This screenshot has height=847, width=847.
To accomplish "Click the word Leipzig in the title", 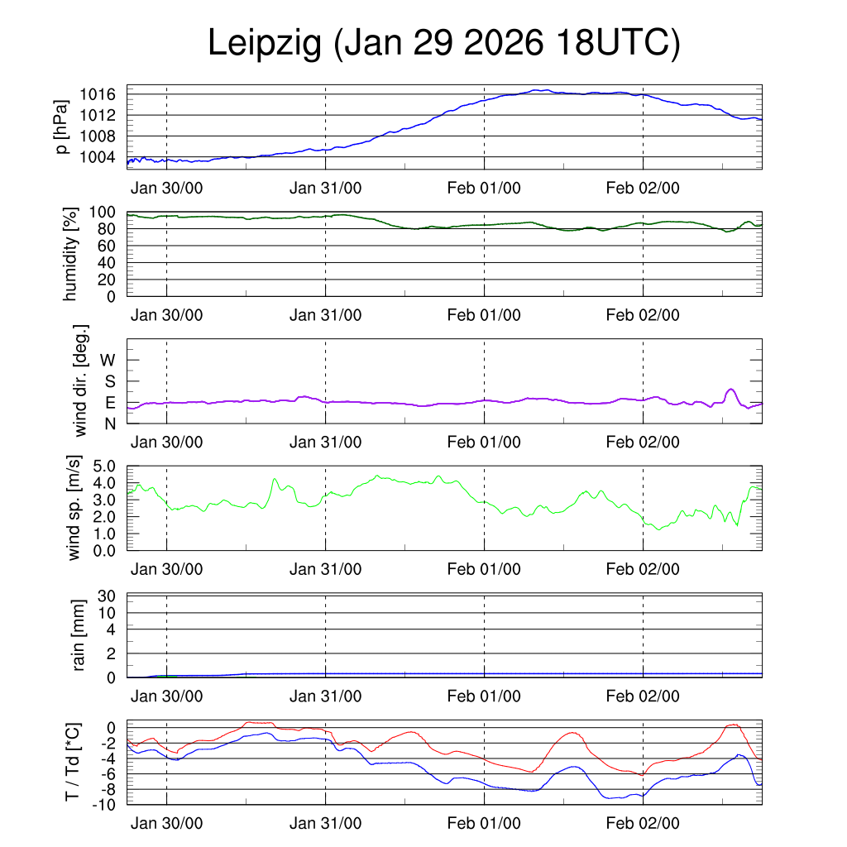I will pyautogui.click(x=264, y=44).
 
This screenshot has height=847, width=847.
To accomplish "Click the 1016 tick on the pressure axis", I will pyautogui.click(x=98, y=94).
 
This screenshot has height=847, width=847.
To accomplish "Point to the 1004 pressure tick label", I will pyautogui.click(x=98, y=157).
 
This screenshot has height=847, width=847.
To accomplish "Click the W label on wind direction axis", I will pyautogui.click(x=108, y=360).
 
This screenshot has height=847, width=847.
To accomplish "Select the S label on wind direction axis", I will pyautogui.click(x=109, y=381).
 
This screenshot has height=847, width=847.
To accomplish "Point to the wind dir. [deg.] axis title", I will pyautogui.click(x=81, y=380).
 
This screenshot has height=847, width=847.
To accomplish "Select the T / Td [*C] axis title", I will pyautogui.click(x=73, y=762).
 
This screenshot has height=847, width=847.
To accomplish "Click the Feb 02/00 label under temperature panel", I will pyautogui.click(x=643, y=823).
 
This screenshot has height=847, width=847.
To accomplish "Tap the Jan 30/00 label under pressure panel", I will pyautogui.click(x=166, y=188).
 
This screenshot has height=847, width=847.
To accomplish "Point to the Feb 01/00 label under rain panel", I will pyautogui.click(x=484, y=696).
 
